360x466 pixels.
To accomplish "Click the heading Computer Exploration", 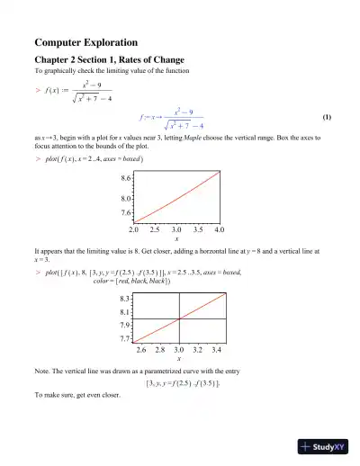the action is coord(85,42).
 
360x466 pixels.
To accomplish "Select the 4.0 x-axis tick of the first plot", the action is coord(219,230).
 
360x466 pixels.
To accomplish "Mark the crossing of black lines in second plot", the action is coord(179,318).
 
